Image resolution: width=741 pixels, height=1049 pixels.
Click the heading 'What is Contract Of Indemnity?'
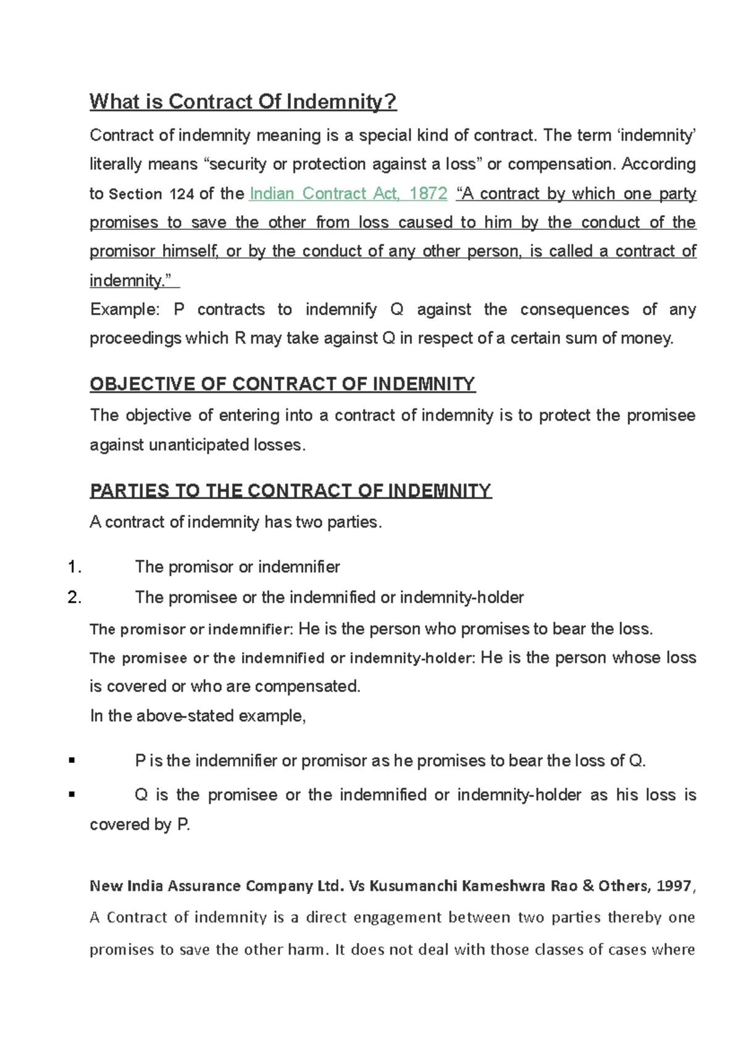[x=243, y=101]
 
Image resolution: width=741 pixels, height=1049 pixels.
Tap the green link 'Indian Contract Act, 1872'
[x=348, y=193]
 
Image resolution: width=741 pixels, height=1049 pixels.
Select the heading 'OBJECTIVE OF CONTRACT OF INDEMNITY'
[x=282, y=384]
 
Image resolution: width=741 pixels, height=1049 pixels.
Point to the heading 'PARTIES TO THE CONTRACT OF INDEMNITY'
[x=290, y=491]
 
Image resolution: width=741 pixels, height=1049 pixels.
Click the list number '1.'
[x=75, y=567]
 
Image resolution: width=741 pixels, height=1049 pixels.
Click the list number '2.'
[x=75, y=597]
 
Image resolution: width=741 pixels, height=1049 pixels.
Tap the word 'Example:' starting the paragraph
[x=125, y=310]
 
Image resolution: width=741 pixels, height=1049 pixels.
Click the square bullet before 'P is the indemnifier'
[x=72, y=760]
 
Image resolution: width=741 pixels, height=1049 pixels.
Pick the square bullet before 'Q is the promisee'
[x=72, y=794]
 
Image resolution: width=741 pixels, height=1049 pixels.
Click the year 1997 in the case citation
[x=674, y=886]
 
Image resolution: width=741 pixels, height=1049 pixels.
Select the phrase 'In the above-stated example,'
[x=198, y=716]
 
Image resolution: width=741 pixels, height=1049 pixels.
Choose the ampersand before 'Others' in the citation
[x=588, y=886]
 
